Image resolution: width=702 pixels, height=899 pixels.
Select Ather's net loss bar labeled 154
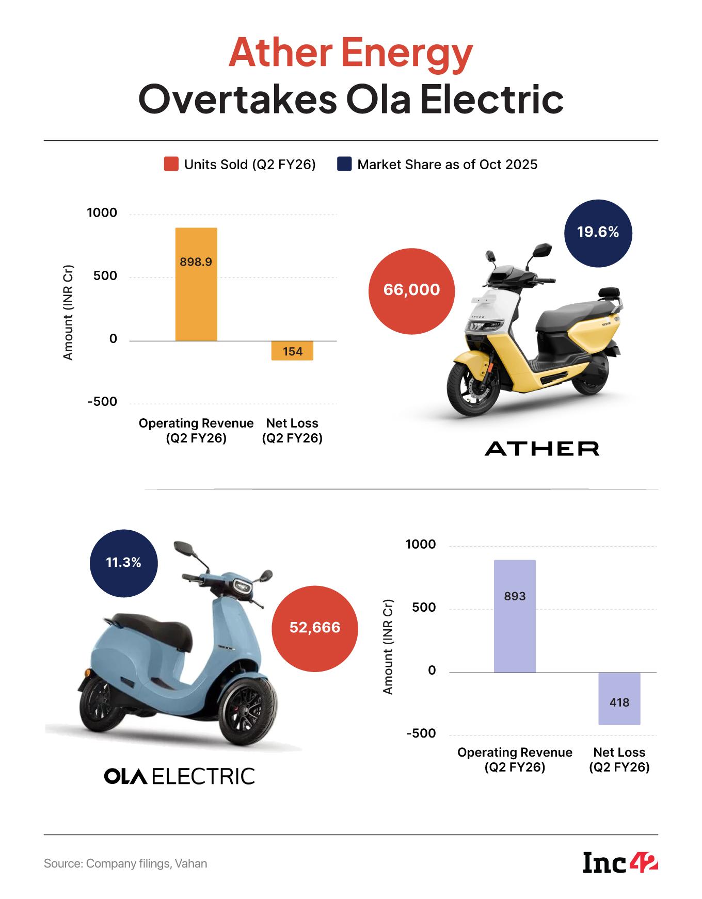point(292,351)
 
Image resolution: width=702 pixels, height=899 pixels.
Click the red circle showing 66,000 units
point(411,290)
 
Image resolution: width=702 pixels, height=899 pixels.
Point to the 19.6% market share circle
point(598,233)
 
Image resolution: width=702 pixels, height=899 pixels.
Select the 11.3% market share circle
point(123,563)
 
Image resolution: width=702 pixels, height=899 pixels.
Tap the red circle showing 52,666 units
point(315,628)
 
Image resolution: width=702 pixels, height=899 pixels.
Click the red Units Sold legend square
point(171,165)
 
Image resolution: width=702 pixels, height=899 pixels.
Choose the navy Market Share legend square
point(344,165)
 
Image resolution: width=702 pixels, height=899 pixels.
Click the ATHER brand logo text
point(542,448)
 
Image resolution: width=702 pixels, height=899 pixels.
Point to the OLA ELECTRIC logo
point(180,776)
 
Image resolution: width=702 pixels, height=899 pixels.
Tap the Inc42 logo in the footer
point(620,863)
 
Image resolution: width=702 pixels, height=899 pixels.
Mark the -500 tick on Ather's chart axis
point(102,402)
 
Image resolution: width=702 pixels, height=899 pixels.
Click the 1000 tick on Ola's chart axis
point(421,545)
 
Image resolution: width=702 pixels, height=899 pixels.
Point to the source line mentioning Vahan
point(125,863)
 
